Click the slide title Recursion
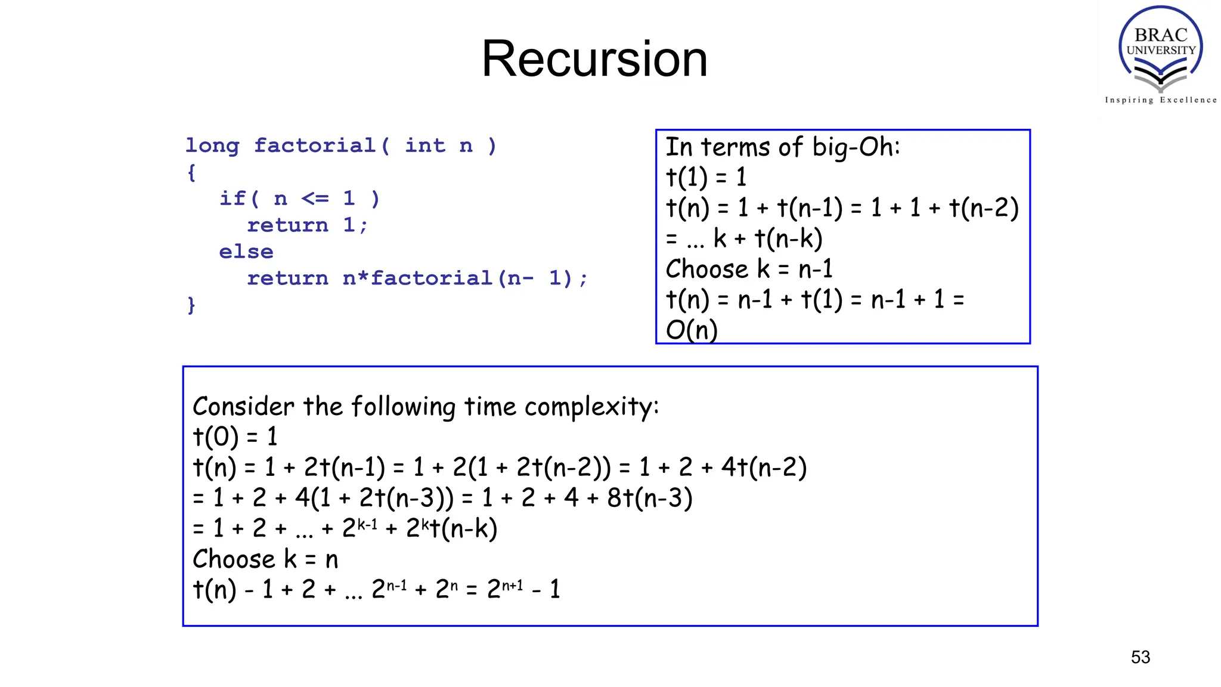[x=594, y=59]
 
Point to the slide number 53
[x=1140, y=657]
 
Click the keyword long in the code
[x=212, y=146]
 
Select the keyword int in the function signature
[x=424, y=146]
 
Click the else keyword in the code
[x=246, y=252]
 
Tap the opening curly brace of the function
[x=191, y=173]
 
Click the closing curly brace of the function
[x=191, y=305]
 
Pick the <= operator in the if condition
[x=315, y=199]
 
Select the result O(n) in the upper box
[x=692, y=330]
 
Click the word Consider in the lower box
[x=243, y=407]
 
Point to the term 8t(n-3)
[x=650, y=498]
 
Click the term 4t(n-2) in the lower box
[x=764, y=468]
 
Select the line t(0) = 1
[x=235, y=437]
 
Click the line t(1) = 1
[x=706, y=178]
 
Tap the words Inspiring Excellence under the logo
[x=1160, y=100]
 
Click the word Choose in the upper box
[x=706, y=269]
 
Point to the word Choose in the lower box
[x=234, y=559]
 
